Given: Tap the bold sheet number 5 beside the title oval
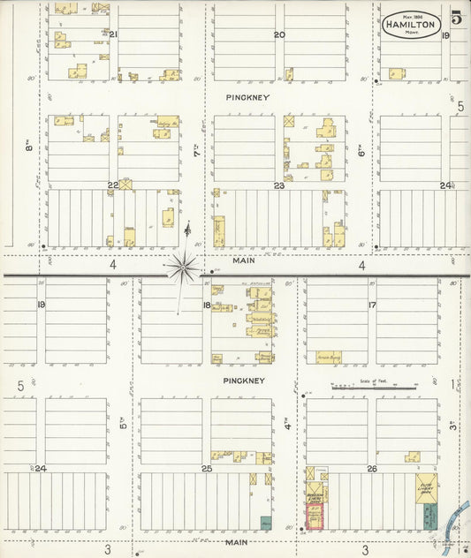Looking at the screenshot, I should pyautogui.click(x=456, y=18).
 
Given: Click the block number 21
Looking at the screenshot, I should pyautogui.click(x=113, y=34).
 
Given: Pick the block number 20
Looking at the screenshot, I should pyautogui.click(x=278, y=34).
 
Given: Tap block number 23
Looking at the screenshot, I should pyautogui.click(x=278, y=185).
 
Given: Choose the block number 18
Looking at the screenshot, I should pyautogui.click(x=207, y=305).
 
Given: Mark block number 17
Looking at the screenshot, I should pyautogui.click(x=372, y=305).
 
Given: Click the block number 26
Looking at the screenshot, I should pyautogui.click(x=372, y=469).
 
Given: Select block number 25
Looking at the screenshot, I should pyautogui.click(x=207, y=469).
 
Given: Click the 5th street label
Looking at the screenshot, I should pyautogui.click(x=124, y=424).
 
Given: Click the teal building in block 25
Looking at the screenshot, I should pyautogui.click(x=265, y=523).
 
